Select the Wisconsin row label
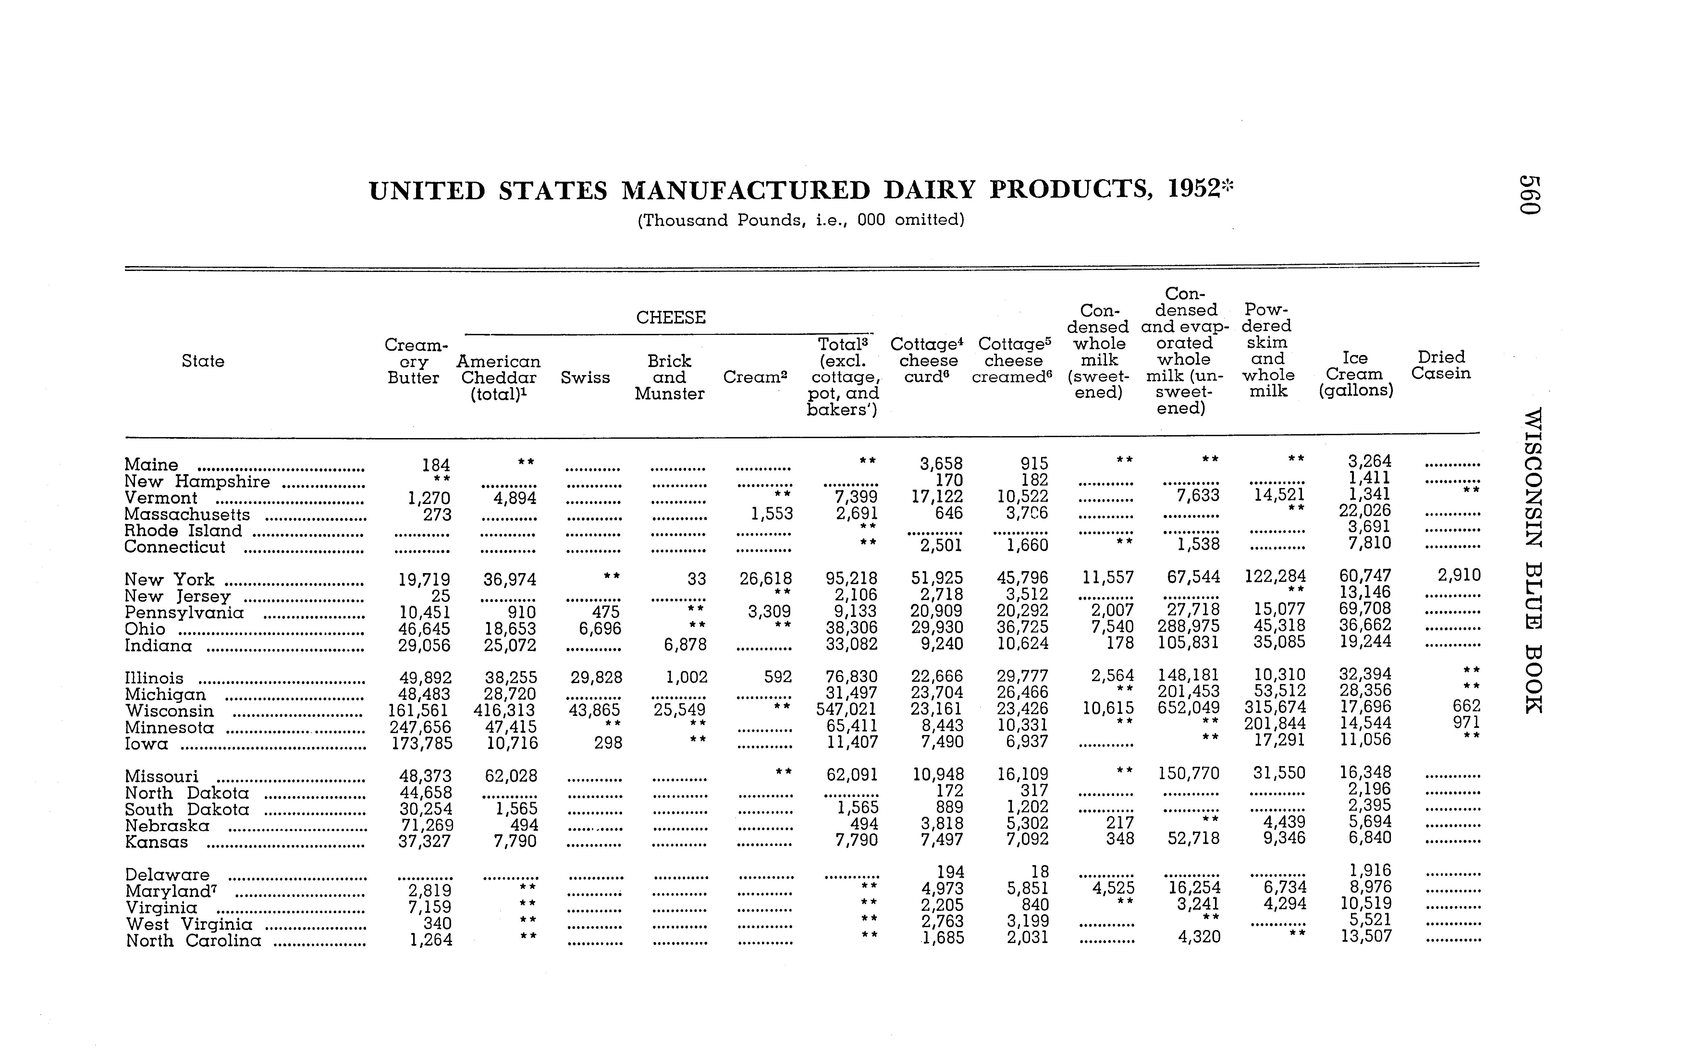(x=169, y=711)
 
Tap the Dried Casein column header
(x=1441, y=365)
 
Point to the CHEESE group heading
(x=671, y=318)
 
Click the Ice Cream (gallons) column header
(x=1355, y=374)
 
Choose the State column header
(x=203, y=361)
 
